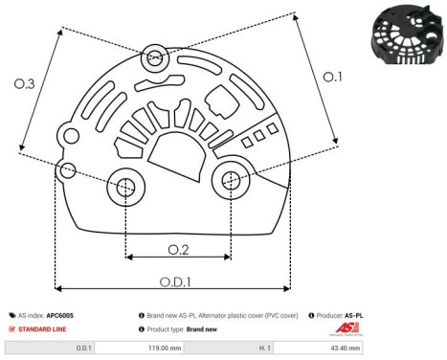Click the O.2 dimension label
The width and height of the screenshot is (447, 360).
[x=177, y=250]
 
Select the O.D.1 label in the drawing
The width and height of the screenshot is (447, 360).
[x=172, y=281]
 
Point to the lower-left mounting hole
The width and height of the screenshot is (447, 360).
[x=125, y=189]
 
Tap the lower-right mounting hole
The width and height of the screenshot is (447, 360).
[x=231, y=179]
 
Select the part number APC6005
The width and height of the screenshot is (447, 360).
[x=60, y=314]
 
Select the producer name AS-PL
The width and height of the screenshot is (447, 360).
[x=354, y=314]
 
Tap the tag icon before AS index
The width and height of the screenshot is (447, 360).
[x=12, y=314]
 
